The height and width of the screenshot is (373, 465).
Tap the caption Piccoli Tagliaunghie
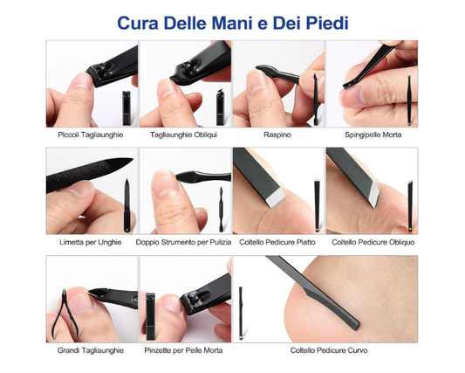[91, 135]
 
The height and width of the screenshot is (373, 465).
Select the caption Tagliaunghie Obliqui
[183, 135]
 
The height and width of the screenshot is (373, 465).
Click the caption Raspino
[277, 135]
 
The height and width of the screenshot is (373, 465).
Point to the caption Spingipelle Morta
[373, 135]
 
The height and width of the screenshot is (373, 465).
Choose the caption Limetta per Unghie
[91, 242]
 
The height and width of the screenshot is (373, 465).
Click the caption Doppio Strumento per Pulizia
[183, 242]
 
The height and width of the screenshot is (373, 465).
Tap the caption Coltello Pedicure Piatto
[277, 242]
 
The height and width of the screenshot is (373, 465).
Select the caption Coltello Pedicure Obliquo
[373, 242]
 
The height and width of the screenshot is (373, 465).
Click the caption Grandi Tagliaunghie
[91, 350]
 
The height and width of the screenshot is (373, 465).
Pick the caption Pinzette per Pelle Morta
[183, 350]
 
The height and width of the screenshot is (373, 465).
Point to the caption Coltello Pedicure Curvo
[329, 350]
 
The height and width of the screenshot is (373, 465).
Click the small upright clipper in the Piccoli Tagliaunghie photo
[127, 108]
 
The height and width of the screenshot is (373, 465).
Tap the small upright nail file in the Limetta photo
[127, 205]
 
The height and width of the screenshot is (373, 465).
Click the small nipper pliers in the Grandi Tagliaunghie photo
[65, 314]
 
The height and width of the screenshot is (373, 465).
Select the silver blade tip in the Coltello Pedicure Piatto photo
[276, 197]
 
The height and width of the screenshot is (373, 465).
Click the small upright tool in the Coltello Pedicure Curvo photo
[241, 313]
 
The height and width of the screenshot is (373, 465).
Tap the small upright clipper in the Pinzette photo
[150, 316]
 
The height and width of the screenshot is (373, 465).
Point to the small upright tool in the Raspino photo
[316, 100]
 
